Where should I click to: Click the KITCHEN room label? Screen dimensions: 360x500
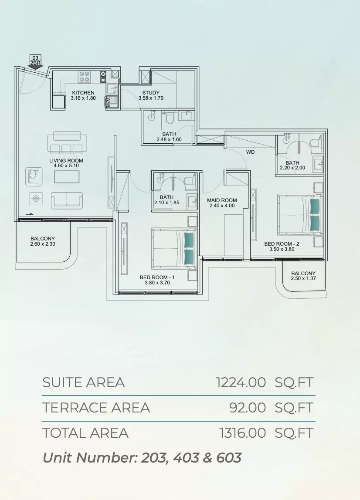point(83,93)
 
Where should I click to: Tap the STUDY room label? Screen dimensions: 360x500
point(151,93)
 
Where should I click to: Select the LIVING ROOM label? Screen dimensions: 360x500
point(66,161)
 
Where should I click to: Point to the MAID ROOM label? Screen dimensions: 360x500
point(222,200)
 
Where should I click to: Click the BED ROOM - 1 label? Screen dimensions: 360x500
point(157,277)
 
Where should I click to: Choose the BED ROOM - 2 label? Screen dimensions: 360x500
point(282,244)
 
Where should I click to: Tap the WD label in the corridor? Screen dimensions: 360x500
point(251,152)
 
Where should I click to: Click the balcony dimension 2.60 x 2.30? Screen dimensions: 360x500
point(43,244)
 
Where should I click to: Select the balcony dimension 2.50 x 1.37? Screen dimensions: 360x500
point(303,278)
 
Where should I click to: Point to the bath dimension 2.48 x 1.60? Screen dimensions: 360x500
point(169,139)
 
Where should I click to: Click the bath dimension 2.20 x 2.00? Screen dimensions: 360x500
point(292,168)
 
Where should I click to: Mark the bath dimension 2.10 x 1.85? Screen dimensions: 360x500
point(166,203)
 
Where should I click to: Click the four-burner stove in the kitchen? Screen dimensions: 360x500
point(84,77)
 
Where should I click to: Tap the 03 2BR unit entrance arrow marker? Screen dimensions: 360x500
point(35,61)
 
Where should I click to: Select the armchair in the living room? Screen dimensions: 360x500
point(34,176)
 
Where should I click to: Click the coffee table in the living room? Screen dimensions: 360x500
point(67,177)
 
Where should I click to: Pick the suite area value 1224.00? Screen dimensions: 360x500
point(241,382)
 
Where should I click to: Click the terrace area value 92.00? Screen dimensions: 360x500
point(248,408)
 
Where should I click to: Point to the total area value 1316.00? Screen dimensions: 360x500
point(243,433)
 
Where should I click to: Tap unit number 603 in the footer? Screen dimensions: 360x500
point(229,458)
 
